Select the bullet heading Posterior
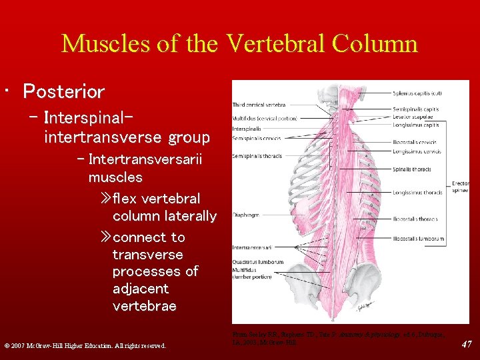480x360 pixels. coord(64,91)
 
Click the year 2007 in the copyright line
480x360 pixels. coord(22,345)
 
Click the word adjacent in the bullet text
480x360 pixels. coord(141,289)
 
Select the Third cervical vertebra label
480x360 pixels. coord(259,105)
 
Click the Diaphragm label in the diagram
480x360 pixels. coord(245,215)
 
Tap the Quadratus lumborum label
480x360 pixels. coord(258,262)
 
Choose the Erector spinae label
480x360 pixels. coord(461,186)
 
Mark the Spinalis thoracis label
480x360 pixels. coord(412,169)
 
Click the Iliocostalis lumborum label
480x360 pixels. coord(418,237)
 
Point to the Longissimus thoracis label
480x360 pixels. coord(417,193)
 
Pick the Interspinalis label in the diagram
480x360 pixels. coord(247,128)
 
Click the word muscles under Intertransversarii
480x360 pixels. coord(115,177)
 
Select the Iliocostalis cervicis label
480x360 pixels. coord(415,141)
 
